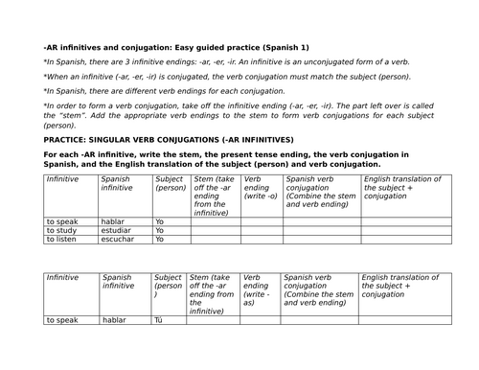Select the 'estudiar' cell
click(x=116, y=229)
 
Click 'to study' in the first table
click(x=62, y=229)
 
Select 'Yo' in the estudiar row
click(x=159, y=229)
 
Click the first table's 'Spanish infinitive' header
click(x=118, y=183)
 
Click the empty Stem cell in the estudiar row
click(x=215, y=229)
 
